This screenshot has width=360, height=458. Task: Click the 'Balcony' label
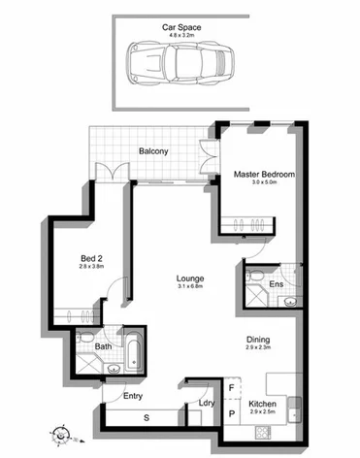[153, 150]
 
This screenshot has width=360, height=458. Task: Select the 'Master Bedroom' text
[264, 175]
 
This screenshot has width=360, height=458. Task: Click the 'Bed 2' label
[91, 259]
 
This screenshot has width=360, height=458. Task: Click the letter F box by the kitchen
[230, 388]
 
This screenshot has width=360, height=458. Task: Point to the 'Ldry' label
[206, 403]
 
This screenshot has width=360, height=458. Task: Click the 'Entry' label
[133, 396]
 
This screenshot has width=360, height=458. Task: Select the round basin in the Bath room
[113, 369]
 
